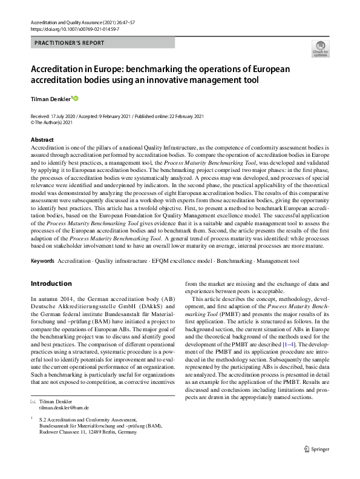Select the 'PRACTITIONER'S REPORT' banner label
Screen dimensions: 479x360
click(x=70, y=43)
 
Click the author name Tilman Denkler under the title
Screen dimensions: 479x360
click(x=51, y=98)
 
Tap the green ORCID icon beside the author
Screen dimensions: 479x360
click(x=76, y=98)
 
